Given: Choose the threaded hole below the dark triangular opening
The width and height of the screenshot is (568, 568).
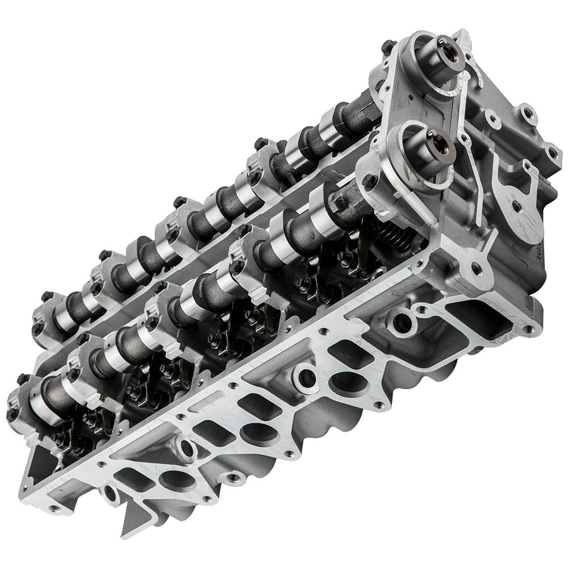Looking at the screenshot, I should (x=53, y=508).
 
